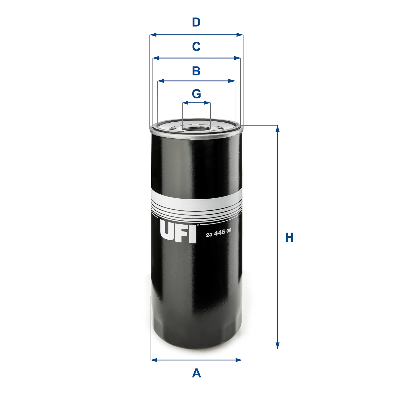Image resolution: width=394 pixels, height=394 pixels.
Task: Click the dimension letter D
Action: [x=196, y=22]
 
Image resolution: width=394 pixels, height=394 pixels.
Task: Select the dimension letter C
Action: [x=196, y=47]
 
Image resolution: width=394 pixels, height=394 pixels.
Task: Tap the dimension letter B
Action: [x=196, y=71]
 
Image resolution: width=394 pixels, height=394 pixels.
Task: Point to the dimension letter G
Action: [x=196, y=94]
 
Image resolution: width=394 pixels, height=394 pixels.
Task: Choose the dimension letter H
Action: [x=289, y=237]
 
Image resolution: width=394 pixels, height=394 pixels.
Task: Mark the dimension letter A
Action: [x=196, y=373]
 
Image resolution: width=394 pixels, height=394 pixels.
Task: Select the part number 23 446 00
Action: [x=219, y=233]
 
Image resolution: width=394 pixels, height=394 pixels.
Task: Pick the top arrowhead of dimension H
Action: [x=277, y=129]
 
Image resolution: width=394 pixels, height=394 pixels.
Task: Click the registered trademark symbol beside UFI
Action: [x=198, y=225]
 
